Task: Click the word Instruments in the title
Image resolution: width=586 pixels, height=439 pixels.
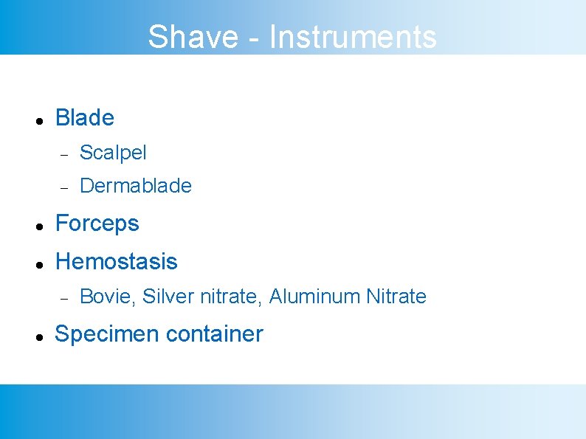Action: (x=353, y=37)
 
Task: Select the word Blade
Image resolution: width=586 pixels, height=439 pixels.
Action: (x=85, y=118)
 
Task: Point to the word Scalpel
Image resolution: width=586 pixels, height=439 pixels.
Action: (x=113, y=153)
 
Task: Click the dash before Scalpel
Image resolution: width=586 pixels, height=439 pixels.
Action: (x=64, y=154)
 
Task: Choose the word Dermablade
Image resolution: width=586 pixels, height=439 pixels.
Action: (x=135, y=186)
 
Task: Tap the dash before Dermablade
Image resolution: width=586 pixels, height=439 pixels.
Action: (x=64, y=187)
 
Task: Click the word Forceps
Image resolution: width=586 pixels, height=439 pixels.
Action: (x=97, y=224)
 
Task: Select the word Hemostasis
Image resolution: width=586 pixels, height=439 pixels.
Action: (x=117, y=262)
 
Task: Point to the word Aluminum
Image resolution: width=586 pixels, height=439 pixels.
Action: (x=315, y=297)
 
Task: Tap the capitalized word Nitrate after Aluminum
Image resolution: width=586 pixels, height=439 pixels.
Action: (x=396, y=297)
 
